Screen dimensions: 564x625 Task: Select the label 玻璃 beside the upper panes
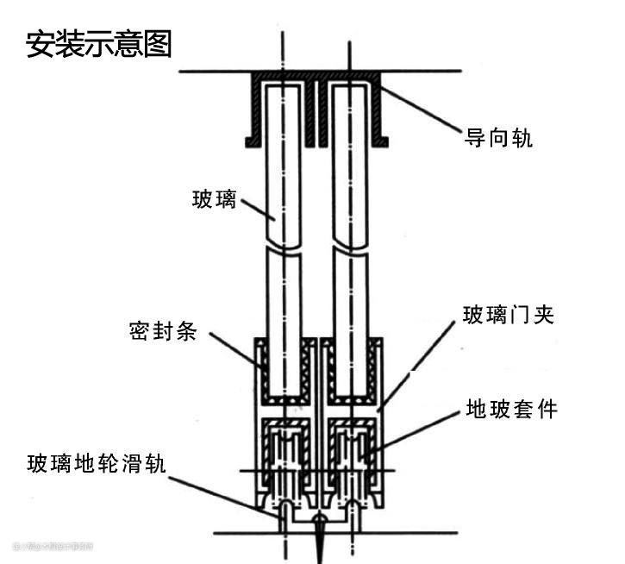[x=214, y=200]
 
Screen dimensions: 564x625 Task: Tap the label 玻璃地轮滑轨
[x=96, y=463]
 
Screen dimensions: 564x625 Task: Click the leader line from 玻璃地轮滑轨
[x=224, y=492]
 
